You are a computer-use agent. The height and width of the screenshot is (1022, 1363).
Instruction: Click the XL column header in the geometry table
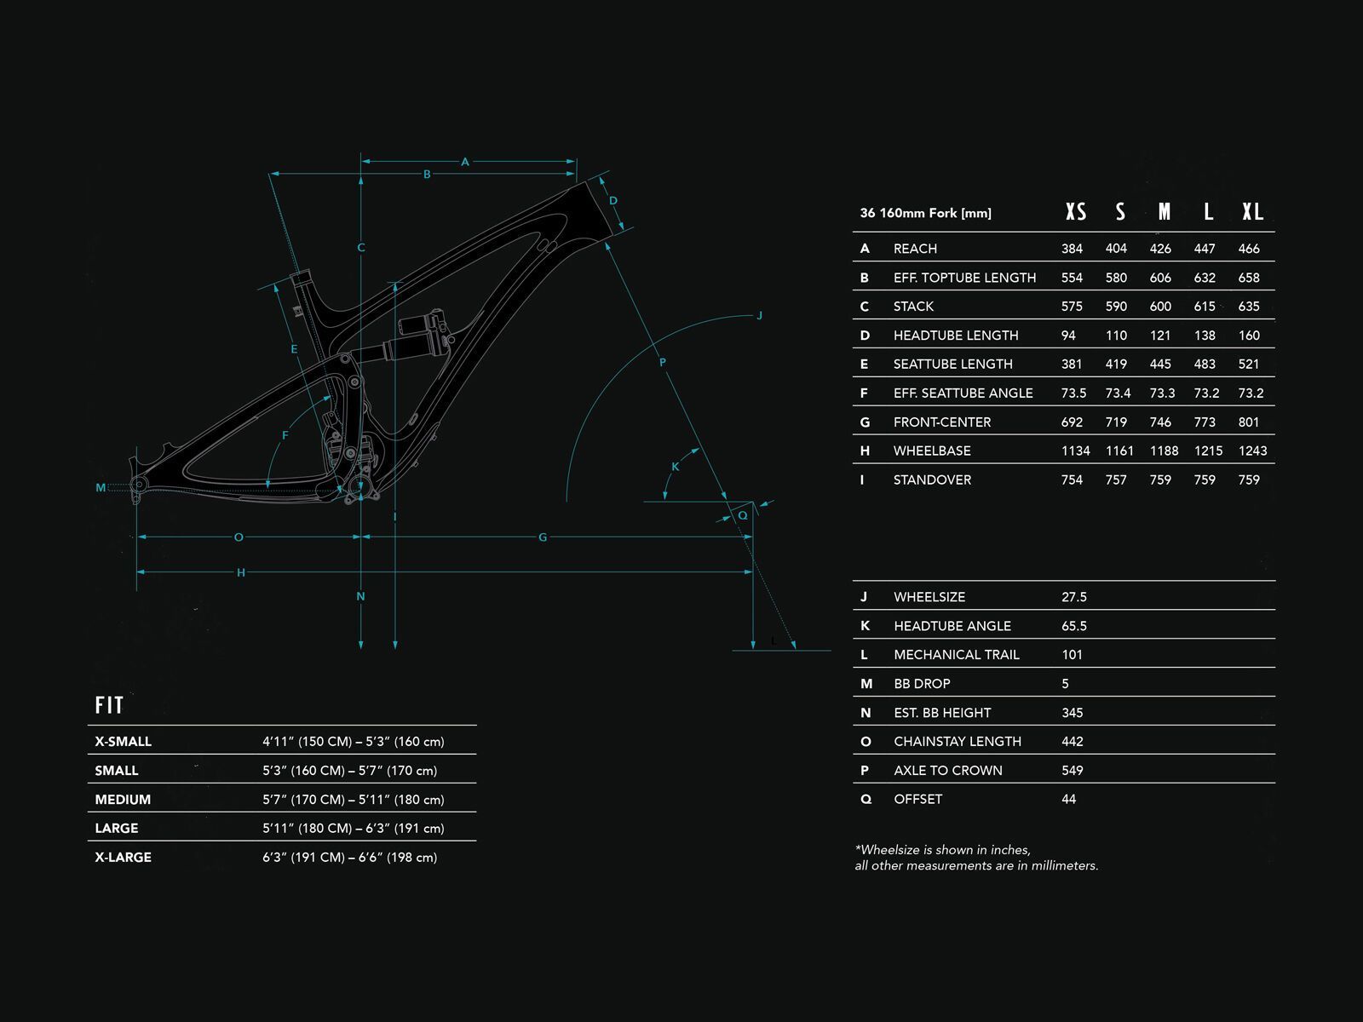[1252, 212]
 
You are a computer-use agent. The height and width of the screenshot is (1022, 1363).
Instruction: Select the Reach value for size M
[1160, 249]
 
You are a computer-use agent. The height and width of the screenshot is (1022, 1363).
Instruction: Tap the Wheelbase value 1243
[1252, 451]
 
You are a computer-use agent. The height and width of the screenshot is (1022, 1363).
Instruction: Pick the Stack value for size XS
[1072, 307]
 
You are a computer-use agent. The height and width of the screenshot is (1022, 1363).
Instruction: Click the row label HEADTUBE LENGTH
[955, 336]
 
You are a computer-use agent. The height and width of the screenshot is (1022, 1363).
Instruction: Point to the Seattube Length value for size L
[1205, 364]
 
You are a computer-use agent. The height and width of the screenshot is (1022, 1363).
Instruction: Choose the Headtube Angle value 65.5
[1073, 626]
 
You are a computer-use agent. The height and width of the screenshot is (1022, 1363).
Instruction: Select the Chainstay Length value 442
[1072, 742]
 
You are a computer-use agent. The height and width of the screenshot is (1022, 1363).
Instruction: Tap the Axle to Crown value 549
[1072, 771]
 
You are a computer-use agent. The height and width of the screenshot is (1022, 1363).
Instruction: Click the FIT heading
[109, 705]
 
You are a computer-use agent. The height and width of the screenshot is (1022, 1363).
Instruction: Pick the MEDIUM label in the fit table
[123, 800]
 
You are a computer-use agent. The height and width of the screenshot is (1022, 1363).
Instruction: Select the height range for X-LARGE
[349, 858]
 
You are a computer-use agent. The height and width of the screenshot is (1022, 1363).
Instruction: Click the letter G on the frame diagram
[543, 537]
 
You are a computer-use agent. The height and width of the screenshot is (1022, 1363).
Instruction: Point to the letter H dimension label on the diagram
[241, 573]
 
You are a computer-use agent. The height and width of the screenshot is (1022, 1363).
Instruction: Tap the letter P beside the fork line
[663, 363]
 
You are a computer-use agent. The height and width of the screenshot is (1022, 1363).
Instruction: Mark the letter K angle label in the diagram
[676, 467]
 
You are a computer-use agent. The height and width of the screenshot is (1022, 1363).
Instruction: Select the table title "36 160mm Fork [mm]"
[925, 213]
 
